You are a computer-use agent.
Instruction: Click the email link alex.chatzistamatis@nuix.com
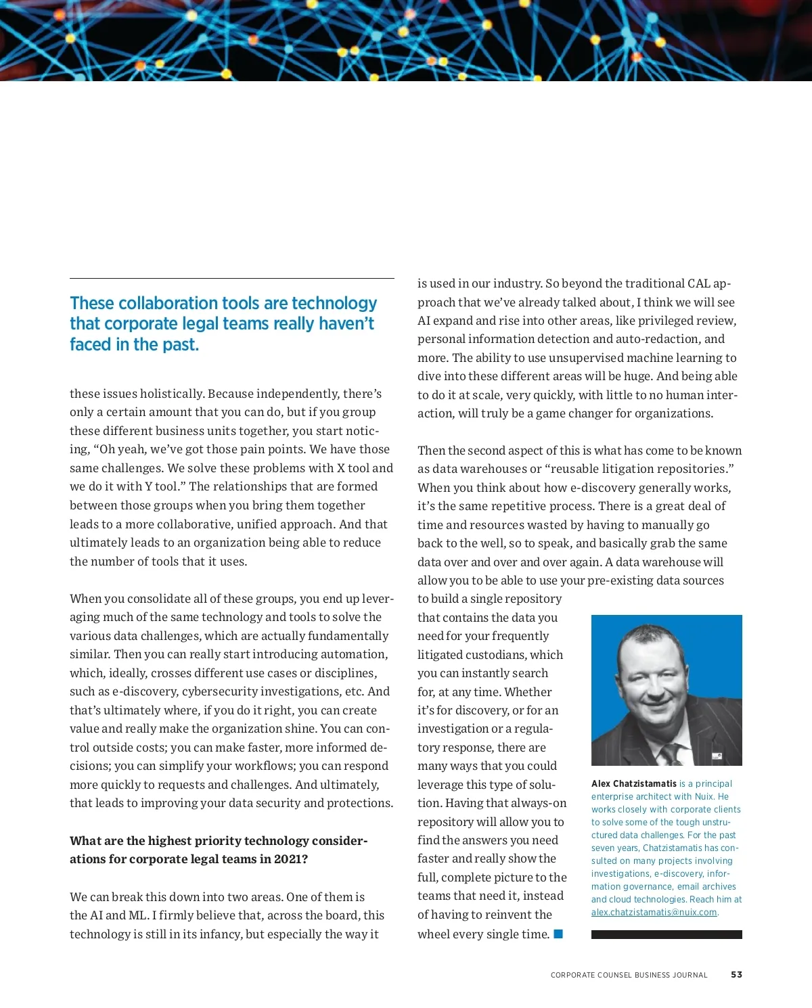654,912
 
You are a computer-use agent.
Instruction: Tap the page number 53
736,975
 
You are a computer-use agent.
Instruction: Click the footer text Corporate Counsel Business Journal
629,975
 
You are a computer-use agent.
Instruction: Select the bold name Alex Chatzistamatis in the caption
633,783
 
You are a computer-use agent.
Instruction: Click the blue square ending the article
558,934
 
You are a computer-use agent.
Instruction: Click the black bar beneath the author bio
667,934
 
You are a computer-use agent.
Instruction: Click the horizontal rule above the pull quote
231,278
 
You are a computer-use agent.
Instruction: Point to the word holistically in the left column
172,394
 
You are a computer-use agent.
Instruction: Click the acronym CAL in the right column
698,283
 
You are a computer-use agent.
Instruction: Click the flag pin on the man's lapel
717,756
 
